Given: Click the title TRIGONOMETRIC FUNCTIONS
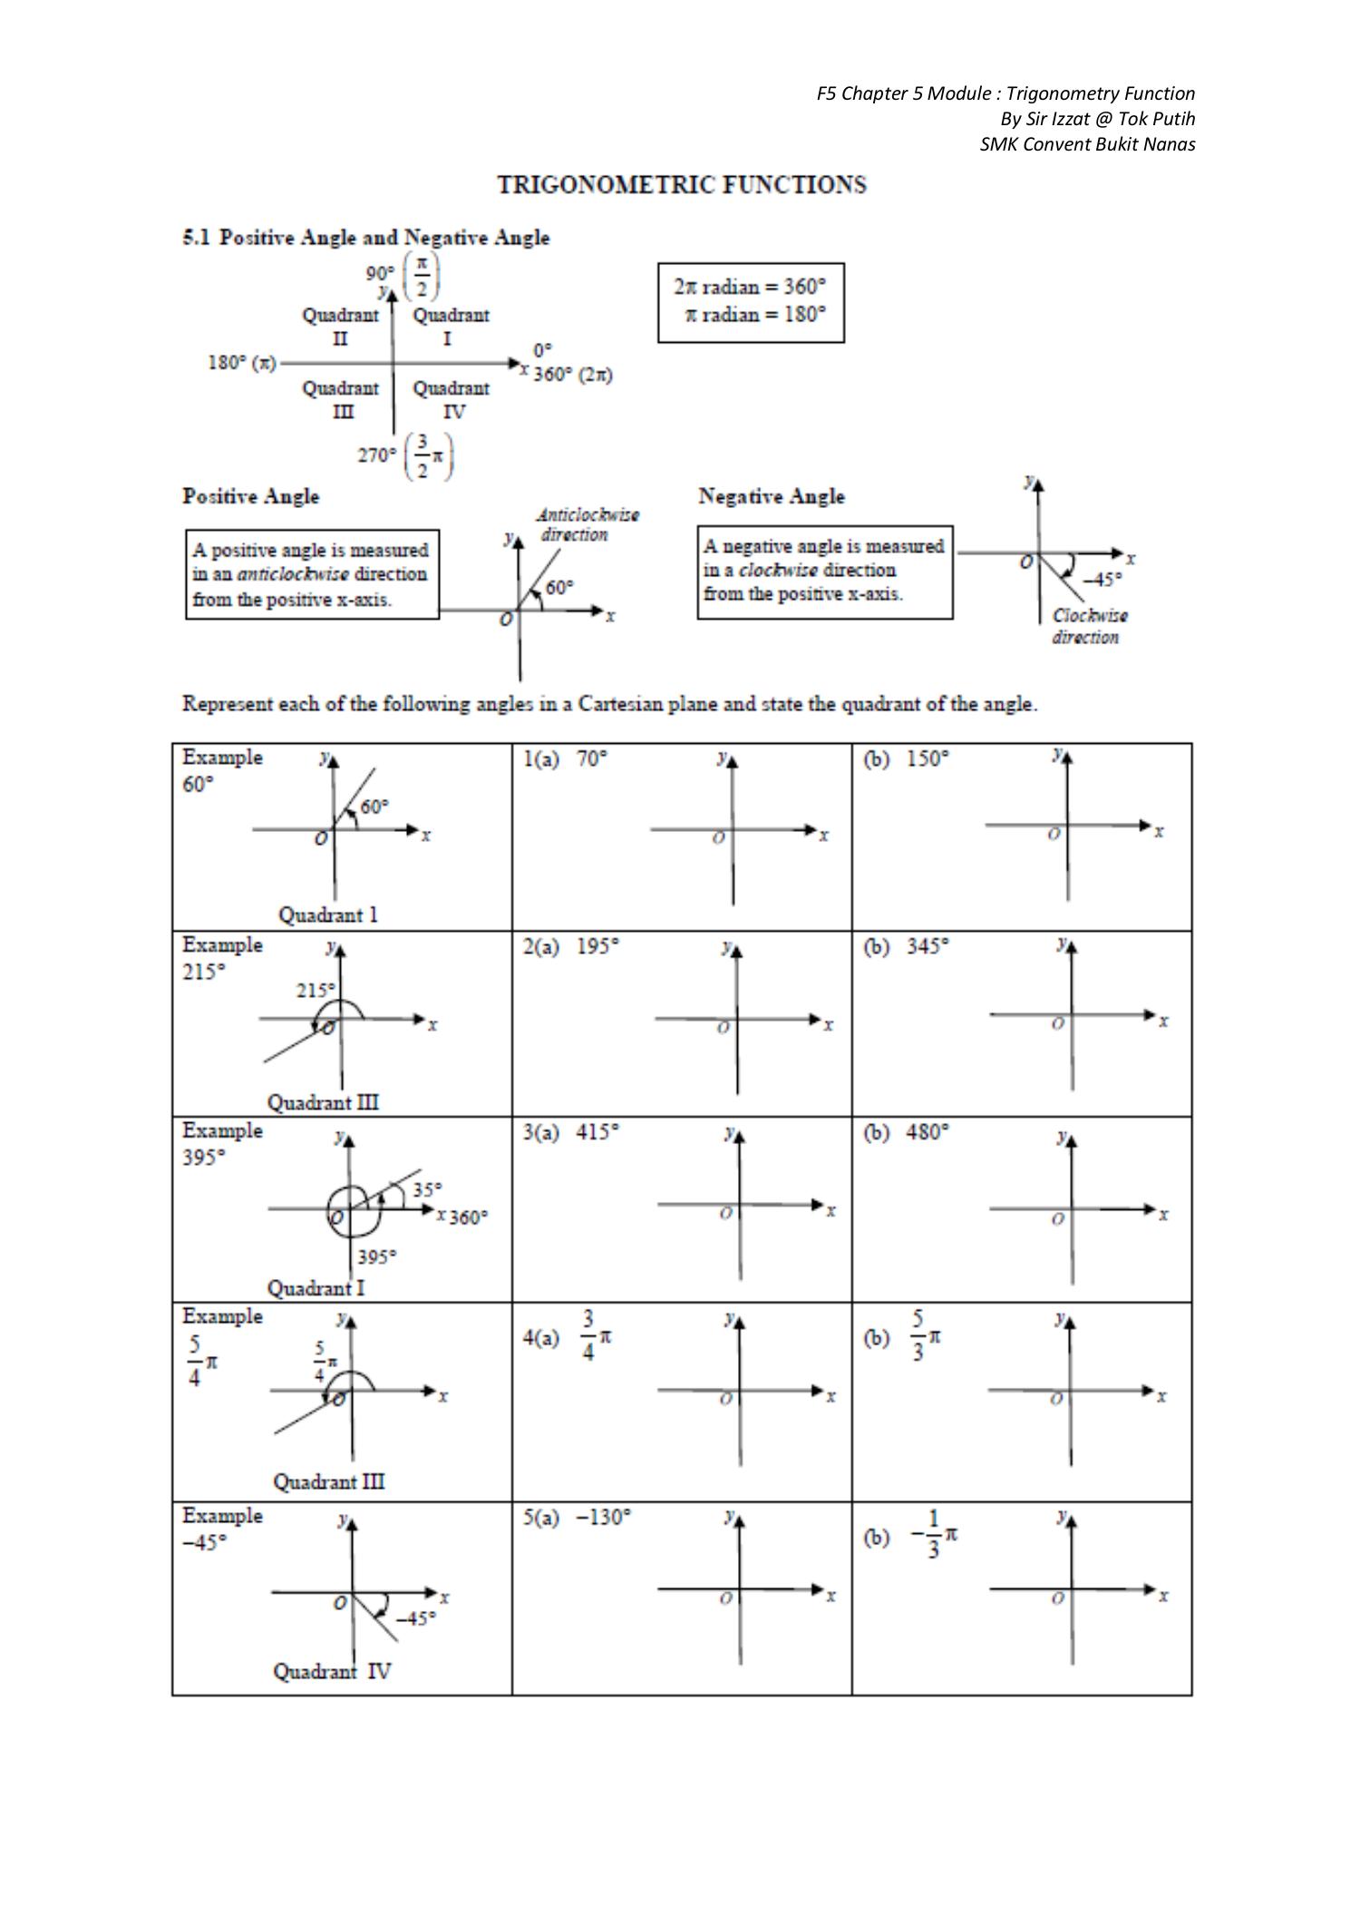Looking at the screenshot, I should click(x=682, y=185).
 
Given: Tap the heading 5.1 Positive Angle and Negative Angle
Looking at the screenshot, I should click(x=366, y=238).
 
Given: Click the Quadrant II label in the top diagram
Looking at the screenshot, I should click(x=340, y=327).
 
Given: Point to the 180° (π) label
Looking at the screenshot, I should click(x=241, y=363).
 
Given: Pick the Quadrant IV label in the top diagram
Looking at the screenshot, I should click(x=452, y=400).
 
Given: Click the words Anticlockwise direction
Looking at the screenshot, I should click(x=588, y=524).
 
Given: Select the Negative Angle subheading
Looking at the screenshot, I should click(x=772, y=496).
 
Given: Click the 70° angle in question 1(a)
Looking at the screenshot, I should click(x=592, y=758).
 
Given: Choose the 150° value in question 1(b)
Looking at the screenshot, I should click(x=928, y=758).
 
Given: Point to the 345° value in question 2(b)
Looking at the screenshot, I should click(x=928, y=945).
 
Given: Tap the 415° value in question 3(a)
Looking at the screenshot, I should click(x=597, y=1132).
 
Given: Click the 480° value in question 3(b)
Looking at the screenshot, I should click(x=928, y=1132).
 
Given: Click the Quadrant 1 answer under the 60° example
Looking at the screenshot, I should click(x=327, y=914).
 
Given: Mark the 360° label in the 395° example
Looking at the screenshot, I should click(x=469, y=1217).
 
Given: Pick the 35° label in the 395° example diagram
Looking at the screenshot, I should click(x=427, y=1189).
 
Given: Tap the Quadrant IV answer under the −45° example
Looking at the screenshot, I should click(x=332, y=1671).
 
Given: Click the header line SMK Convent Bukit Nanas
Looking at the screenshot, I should click(x=1087, y=144).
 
